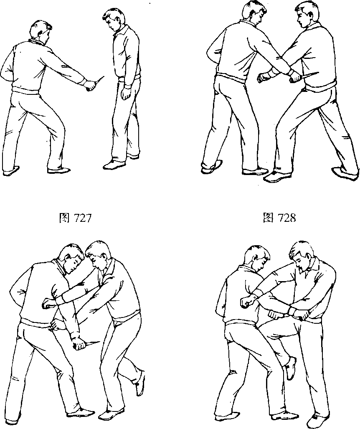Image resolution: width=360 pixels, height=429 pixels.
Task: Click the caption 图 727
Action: (75, 218)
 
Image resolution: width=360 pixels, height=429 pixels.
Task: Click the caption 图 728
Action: (279, 218)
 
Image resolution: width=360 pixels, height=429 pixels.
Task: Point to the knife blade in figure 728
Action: (309, 76)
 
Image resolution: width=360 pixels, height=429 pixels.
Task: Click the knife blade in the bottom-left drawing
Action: (93, 344)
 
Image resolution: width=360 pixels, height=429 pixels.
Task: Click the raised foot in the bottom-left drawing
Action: (140, 382)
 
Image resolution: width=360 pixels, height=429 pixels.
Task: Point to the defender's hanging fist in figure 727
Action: (127, 93)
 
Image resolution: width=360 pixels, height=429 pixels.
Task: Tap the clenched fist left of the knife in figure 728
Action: (264, 77)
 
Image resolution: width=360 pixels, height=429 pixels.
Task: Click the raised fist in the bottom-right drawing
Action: (248, 301)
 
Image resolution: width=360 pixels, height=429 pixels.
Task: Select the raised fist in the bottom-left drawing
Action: (49, 303)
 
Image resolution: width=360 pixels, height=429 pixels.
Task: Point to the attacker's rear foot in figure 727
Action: (11, 170)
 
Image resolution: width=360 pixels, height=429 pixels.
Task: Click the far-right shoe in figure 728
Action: (345, 173)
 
